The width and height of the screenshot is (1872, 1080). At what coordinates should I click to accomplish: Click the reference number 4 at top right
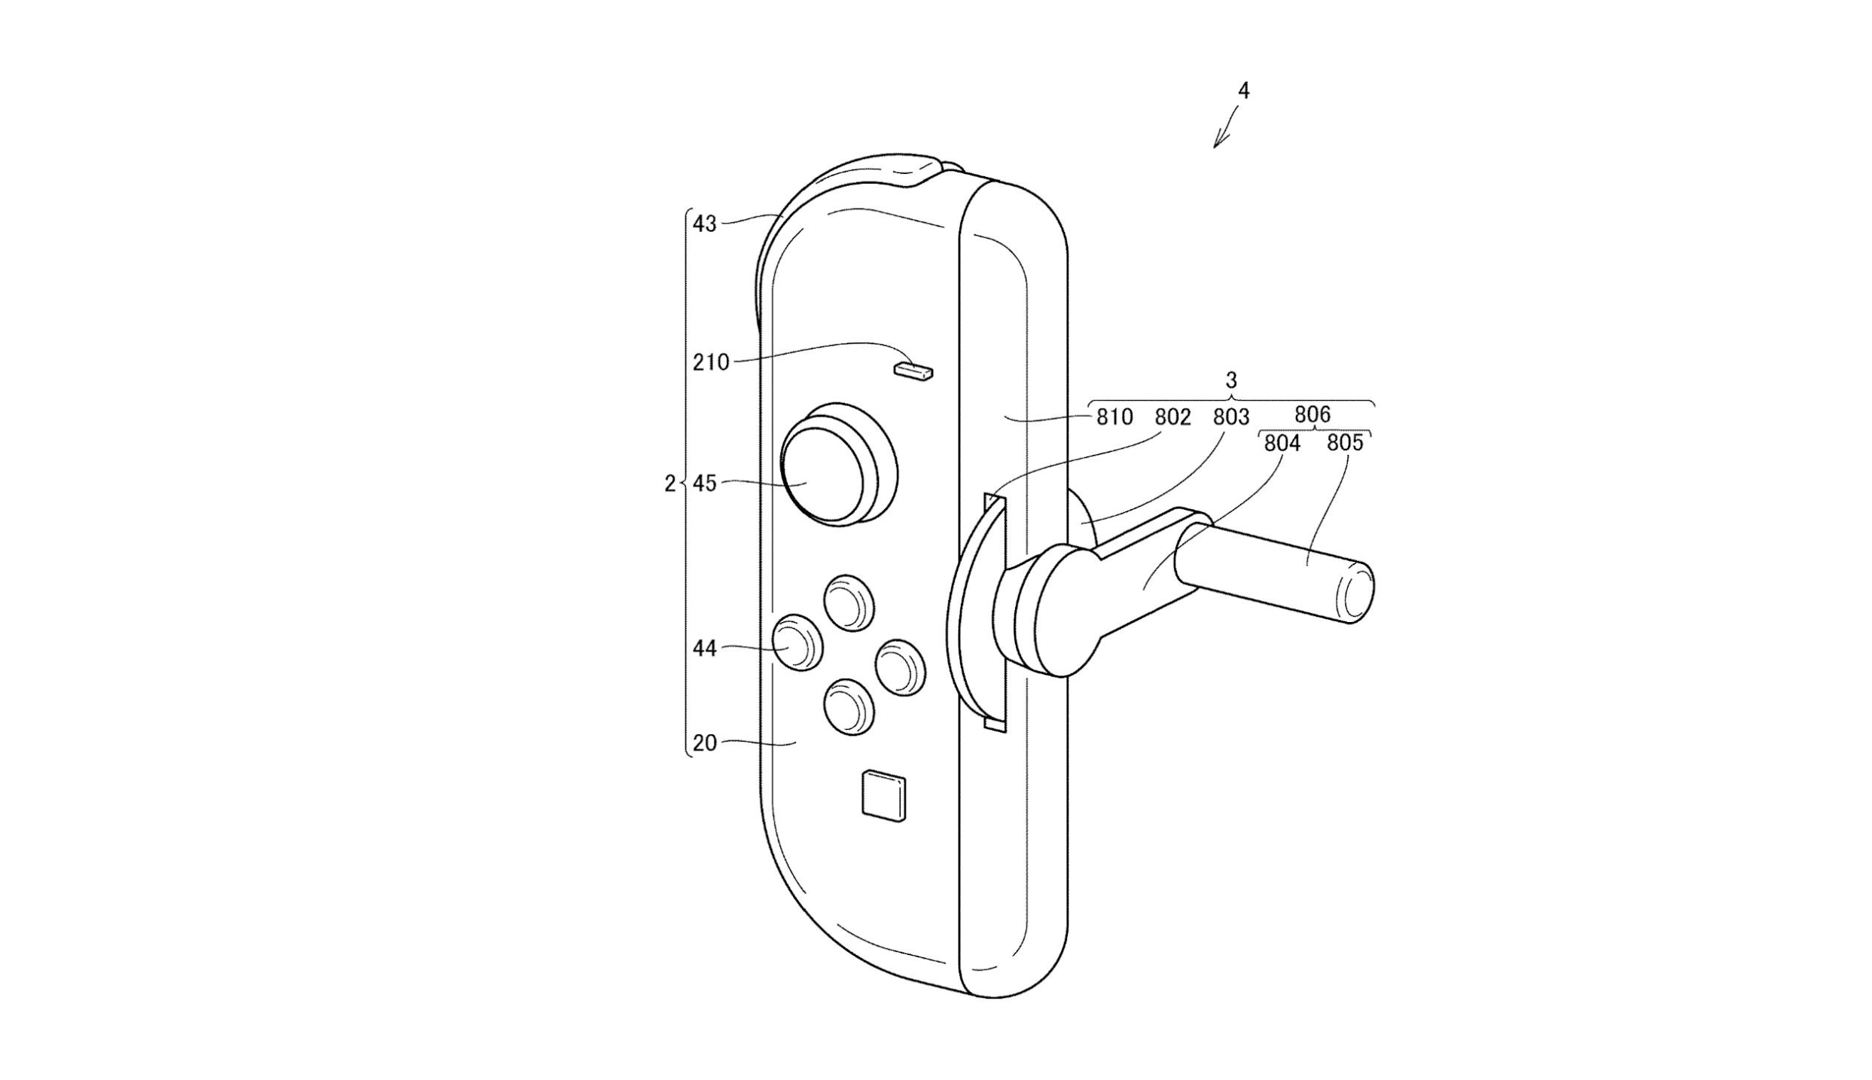pyautogui.click(x=1243, y=91)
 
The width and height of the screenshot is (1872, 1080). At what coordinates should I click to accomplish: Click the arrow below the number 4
pyautogui.click(x=1226, y=129)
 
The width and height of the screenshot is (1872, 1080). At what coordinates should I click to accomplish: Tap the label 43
pyautogui.click(x=705, y=224)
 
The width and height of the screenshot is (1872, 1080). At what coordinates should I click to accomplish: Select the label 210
pyautogui.click(x=712, y=363)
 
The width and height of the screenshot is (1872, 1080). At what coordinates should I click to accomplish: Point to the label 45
pyautogui.click(x=705, y=484)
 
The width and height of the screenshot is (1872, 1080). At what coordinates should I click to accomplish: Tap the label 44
pyautogui.click(x=705, y=648)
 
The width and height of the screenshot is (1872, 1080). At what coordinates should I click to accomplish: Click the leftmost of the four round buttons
pyautogui.click(x=798, y=642)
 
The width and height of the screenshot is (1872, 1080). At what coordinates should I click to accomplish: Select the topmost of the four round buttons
pyautogui.click(x=849, y=603)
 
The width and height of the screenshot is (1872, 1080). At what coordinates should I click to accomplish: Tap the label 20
pyautogui.click(x=705, y=743)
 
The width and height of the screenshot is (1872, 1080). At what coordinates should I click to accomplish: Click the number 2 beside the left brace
pyautogui.click(x=669, y=484)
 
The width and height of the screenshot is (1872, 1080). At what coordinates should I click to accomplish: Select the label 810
pyautogui.click(x=1114, y=417)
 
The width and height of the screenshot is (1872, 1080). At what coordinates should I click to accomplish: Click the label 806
pyautogui.click(x=1313, y=414)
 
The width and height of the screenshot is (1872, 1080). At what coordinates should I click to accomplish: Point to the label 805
pyautogui.click(x=1345, y=443)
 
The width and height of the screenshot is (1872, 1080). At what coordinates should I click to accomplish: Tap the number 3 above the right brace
pyautogui.click(x=1232, y=380)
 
